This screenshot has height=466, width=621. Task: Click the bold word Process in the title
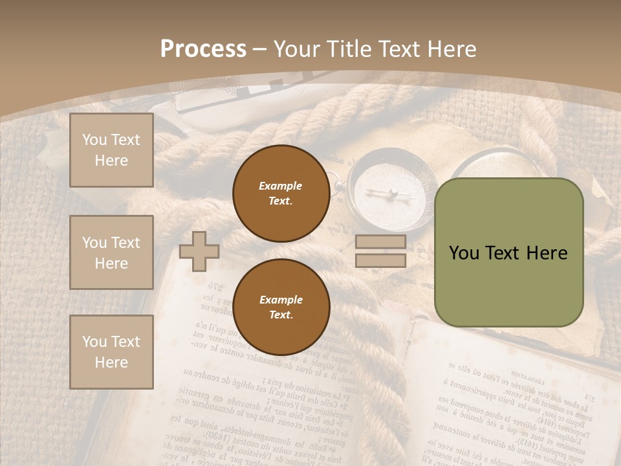pos(203,49)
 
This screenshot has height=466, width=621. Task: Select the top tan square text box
pos(111,150)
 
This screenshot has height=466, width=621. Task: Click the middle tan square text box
pos(111,252)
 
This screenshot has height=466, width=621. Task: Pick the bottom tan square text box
pos(111,352)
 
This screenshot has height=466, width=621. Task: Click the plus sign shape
pos(199,251)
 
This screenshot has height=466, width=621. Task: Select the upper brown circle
pos(281,193)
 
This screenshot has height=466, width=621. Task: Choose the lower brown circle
pos(281,307)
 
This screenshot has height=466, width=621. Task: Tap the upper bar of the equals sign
pos(381,242)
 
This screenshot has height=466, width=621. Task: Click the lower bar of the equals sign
pos(381,260)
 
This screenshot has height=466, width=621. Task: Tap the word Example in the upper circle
pos(281,186)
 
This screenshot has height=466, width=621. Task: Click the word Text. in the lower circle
pos(281,315)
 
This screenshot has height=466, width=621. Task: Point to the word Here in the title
pos(452,49)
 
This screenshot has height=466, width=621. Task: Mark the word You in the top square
pos(94,140)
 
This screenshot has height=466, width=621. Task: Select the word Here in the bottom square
pos(111,362)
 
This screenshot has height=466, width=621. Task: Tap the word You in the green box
pos(464,253)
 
